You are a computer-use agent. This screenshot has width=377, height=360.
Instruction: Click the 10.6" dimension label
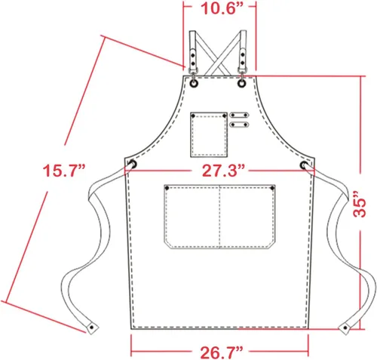pyautogui.click(x=222, y=8)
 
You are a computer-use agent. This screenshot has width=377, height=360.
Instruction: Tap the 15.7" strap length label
pyautogui.click(x=64, y=171)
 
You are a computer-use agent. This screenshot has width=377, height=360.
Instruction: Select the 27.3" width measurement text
pyautogui.click(x=223, y=171)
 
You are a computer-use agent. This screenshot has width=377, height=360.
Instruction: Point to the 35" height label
pyautogui.click(x=360, y=203)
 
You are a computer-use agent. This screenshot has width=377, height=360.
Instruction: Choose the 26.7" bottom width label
pyautogui.click(x=222, y=352)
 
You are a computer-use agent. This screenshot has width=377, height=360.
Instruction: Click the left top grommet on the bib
pyautogui.click(x=195, y=84)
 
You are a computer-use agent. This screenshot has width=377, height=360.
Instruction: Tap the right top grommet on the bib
pyautogui.click(x=242, y=84)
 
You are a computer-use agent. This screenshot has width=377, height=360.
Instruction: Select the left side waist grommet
pyautogui.click(x=133, y=165)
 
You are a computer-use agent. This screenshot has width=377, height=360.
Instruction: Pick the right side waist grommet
pyautogui.click(x=304, y=165)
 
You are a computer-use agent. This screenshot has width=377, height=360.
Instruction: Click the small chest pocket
pyautogui.click(x=209, y=134)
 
